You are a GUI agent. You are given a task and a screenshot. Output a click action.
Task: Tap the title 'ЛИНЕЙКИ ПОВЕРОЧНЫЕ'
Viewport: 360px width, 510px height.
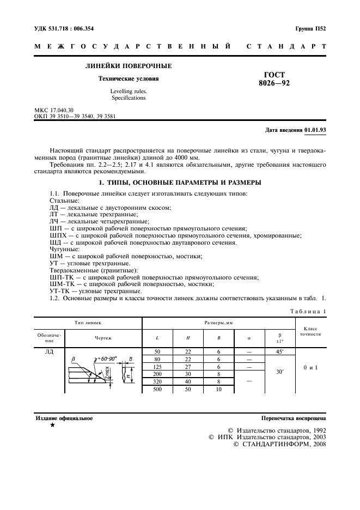pyautogui.click(x=129, y=66)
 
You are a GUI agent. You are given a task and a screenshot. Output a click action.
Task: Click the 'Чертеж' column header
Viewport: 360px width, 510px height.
pyautogui.click(x=103, y=338)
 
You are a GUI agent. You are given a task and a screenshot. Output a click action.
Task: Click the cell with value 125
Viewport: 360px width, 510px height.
pyautogui.click(x=157, y=367)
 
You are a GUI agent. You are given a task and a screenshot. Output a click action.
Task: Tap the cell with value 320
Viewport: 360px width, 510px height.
pyautogui.click(x=157, y=382)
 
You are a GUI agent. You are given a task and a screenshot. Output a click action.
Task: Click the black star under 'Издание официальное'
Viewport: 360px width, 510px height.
pyautogui.click(x=52, y=425)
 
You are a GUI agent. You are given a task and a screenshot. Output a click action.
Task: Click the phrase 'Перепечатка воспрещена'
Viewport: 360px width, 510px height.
pyautogui.click(x=294, y=418)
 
